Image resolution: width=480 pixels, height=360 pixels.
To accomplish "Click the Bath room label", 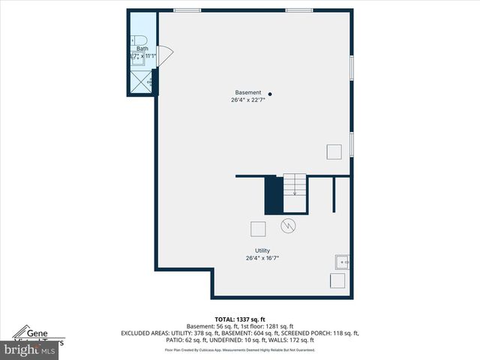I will (x=142, y=48).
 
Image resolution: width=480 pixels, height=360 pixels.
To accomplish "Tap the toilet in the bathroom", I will (x=139, y=40).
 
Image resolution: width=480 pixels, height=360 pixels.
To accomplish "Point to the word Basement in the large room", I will (x=248, y=92).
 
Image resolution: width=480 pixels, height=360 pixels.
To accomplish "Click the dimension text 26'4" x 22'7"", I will (x=248, y=100).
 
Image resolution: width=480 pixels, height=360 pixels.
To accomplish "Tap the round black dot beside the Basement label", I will (x=270, y=94).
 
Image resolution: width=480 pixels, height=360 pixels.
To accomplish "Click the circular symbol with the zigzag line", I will (x=289, y=225).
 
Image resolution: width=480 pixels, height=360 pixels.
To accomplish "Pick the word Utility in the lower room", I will (x=262, y=250).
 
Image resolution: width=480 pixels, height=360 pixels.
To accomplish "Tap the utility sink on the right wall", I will (x=341, y=262).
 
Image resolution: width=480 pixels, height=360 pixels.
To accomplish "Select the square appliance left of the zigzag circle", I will (x=258, y=229).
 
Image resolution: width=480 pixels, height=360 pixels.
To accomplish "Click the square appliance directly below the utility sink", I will (x=338, y=281).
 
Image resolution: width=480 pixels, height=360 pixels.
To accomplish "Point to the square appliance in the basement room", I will (x=334, y=151).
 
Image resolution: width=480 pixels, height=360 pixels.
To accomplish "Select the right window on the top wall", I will (x=299, y=10).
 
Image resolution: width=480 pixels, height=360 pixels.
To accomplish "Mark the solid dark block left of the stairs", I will (x=273, y=194).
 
